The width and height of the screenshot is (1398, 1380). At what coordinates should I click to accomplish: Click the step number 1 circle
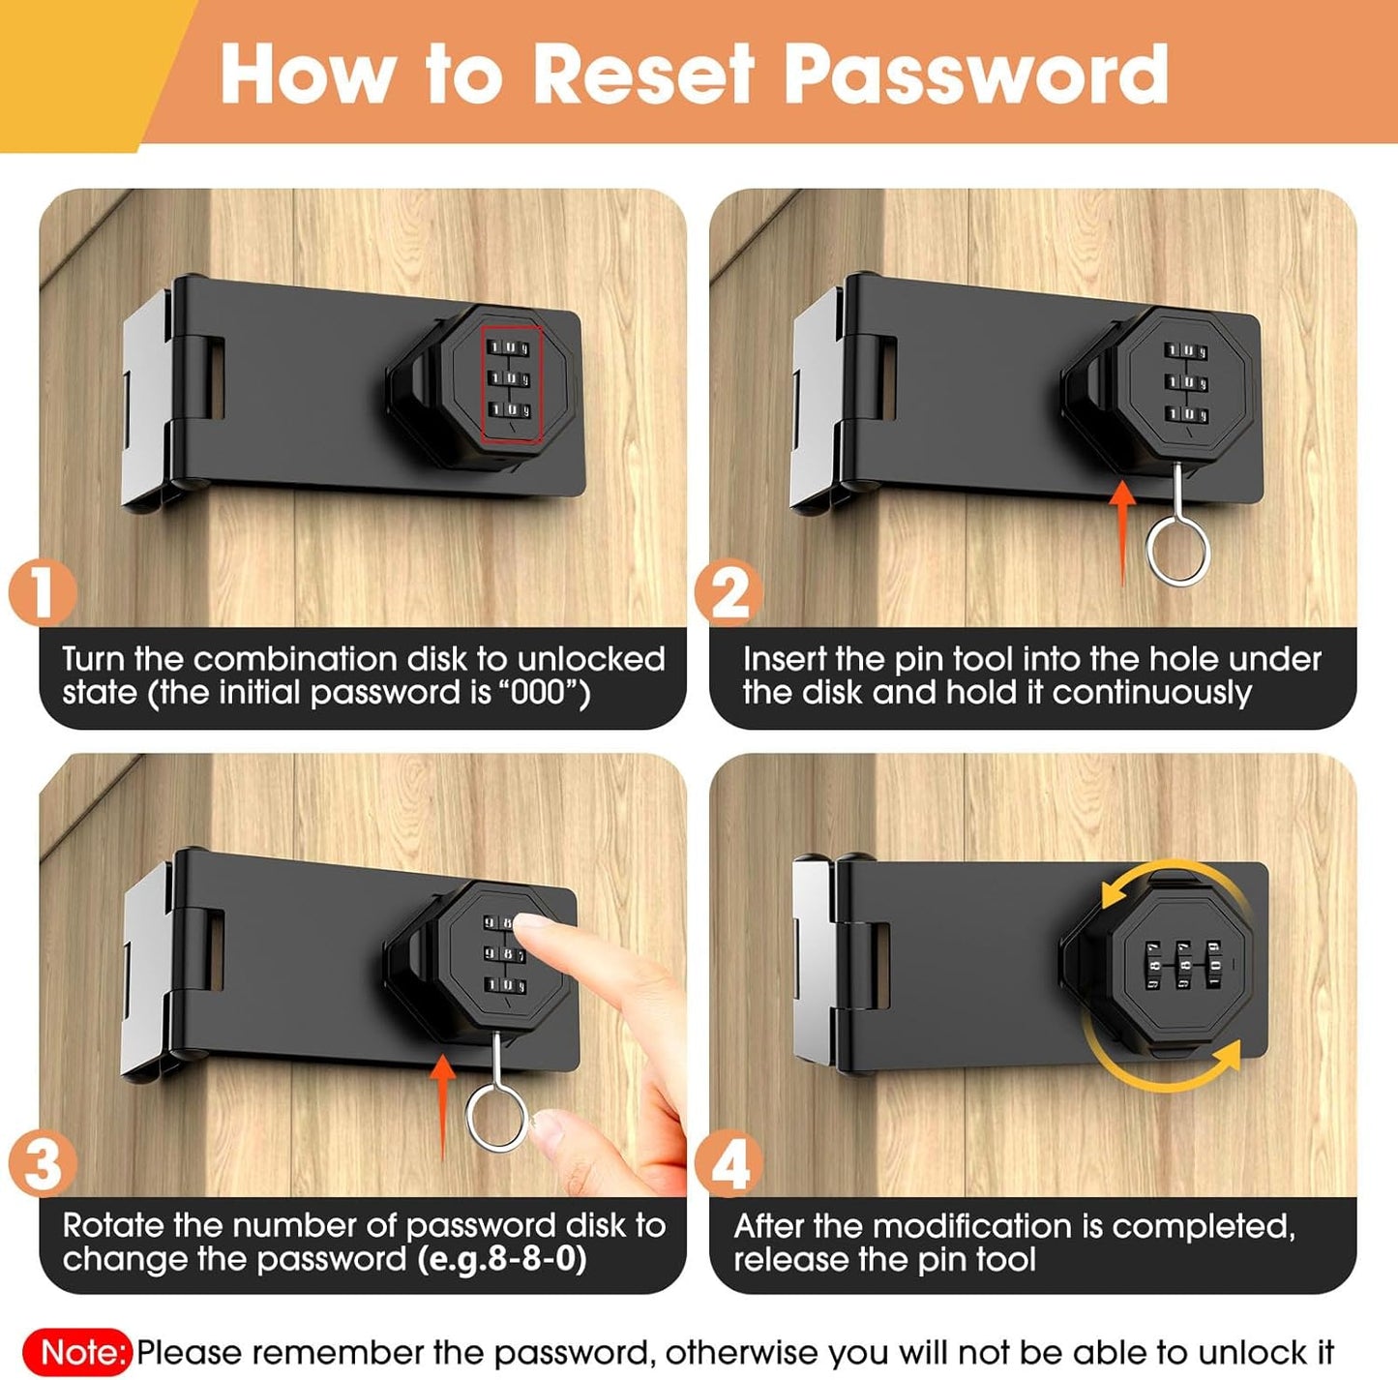(x=43, y=592)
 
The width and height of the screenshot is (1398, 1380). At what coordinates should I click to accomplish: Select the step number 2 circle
(x=729, y=592)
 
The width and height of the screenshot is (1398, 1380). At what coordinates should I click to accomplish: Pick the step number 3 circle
(x=43, y=1163)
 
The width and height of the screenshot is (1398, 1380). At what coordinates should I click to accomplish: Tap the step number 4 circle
(x=729, y=1163)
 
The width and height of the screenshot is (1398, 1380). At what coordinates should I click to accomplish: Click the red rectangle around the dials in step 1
(x=511, y=383)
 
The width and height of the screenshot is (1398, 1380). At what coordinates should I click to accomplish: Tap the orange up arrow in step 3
(x=442, y=1103)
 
